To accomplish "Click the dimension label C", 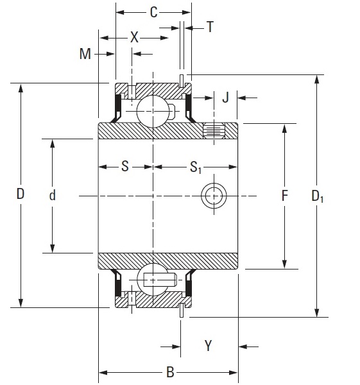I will pyautogui.click(x=153, y=12).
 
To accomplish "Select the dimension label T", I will pyautogui.click(x=210, y=27).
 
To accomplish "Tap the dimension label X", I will pyautogui.click(x=134, y=38).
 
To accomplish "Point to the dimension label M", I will pyautogui.click(x=85, y=54).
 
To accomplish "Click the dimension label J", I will pyautogui.click(x=225, y=98).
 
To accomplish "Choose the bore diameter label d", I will pyautogui.click(x=52, y=195).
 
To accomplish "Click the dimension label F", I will pyautogui.click(x=284, y=195).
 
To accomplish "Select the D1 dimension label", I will pyautogui.click(x=318, y=196).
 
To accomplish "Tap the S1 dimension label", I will pyautogui.click(x=196, y=168).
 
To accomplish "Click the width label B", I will pyautogui.click(x=169, y=372).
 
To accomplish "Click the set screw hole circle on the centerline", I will pyautogui.click(x=213, y=195).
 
